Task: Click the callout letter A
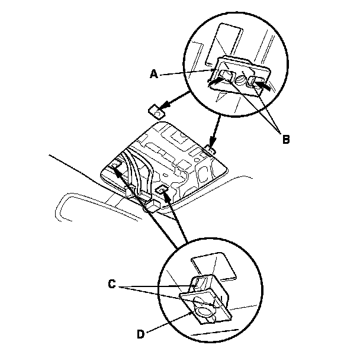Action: click(153, 74)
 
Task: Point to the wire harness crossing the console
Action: click(133, 175)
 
